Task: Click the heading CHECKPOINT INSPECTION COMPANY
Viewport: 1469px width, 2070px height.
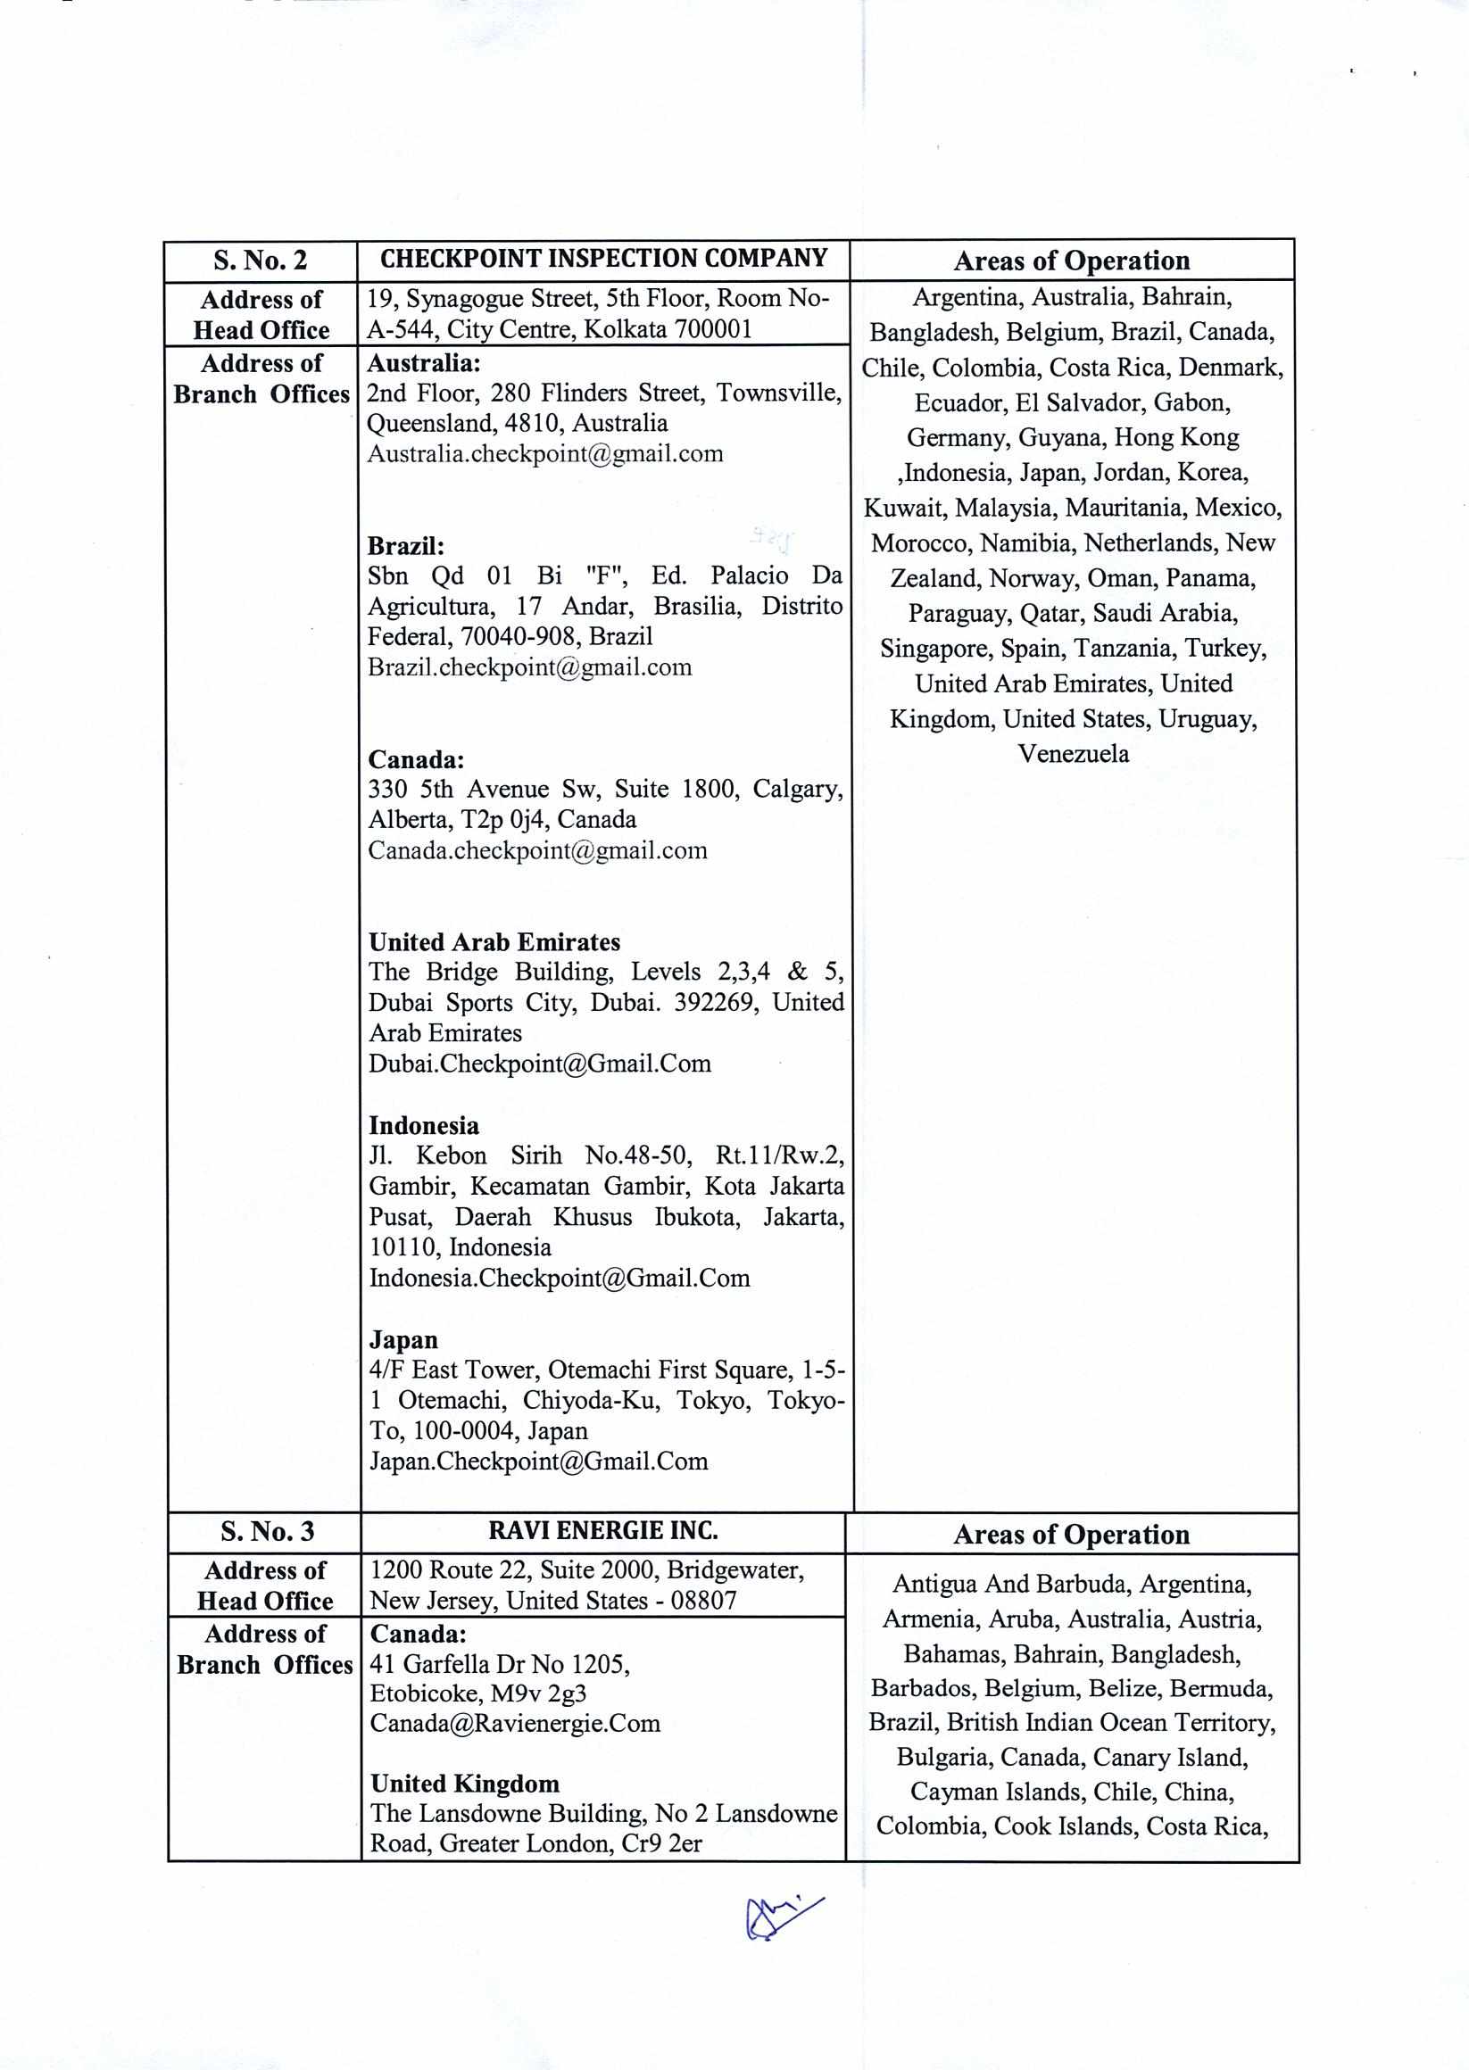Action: tap(603, 259)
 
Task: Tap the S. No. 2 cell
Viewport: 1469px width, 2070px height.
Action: tap(261, 261)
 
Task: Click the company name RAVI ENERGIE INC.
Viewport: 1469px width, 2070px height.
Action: tap(603, 1530)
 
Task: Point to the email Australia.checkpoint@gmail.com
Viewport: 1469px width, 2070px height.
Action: tap(544, 454)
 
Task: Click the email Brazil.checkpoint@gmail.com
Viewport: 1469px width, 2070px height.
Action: tap(529, 667)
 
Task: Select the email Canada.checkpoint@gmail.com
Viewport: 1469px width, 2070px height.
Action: tap(537, 850)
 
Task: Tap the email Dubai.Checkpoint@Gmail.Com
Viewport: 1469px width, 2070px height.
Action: tap(539, 1064)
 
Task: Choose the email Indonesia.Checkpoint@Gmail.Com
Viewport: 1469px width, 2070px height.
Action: tap(559, 1278)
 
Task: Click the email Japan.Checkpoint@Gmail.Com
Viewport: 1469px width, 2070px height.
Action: tap(537, 1461)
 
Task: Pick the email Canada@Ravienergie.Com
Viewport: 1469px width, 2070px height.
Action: tap(515, 1723)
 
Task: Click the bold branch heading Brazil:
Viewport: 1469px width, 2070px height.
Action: tap(405, 546)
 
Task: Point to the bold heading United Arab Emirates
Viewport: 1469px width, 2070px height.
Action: tap(494, 942)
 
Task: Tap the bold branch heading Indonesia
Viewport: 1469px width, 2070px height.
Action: tap(423, 1126)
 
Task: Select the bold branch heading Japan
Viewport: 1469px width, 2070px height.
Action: tap(403, 1339)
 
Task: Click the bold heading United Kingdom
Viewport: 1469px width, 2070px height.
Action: tap(464, 1784)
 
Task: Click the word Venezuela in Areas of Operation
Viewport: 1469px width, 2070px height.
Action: tap(1073, 754)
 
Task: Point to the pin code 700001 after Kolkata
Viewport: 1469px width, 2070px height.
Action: tap(712, 329)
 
